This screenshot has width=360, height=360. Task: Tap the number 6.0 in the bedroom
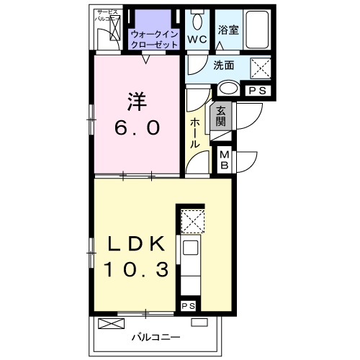(x=135, y=129)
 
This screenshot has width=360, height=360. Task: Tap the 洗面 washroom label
(x=223, y=65)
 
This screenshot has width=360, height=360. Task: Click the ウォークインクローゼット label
(x=153, y=37)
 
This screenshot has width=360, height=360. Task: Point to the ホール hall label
(x=195, y=133)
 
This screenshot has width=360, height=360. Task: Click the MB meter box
(x=224, y=159)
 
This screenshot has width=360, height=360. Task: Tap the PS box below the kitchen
(x=189, y=306)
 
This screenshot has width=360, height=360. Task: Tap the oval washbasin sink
(x=229, y=90)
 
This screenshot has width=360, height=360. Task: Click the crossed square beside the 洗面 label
(x=259, y=68)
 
